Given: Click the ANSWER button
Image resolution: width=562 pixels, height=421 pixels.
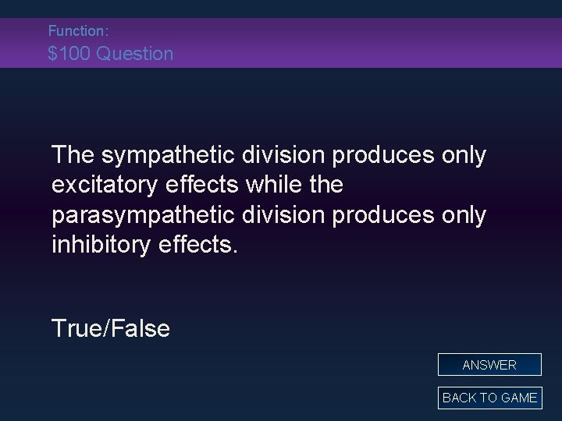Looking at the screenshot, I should coord(489,365).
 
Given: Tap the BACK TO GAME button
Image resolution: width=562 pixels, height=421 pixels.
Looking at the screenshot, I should coord(489,398).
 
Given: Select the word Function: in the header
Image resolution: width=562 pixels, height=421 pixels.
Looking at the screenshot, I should coord(77,31).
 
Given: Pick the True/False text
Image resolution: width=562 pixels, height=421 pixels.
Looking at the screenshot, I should coord(110,328).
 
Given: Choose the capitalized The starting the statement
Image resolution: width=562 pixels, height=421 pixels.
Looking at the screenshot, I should coord(73,155).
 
